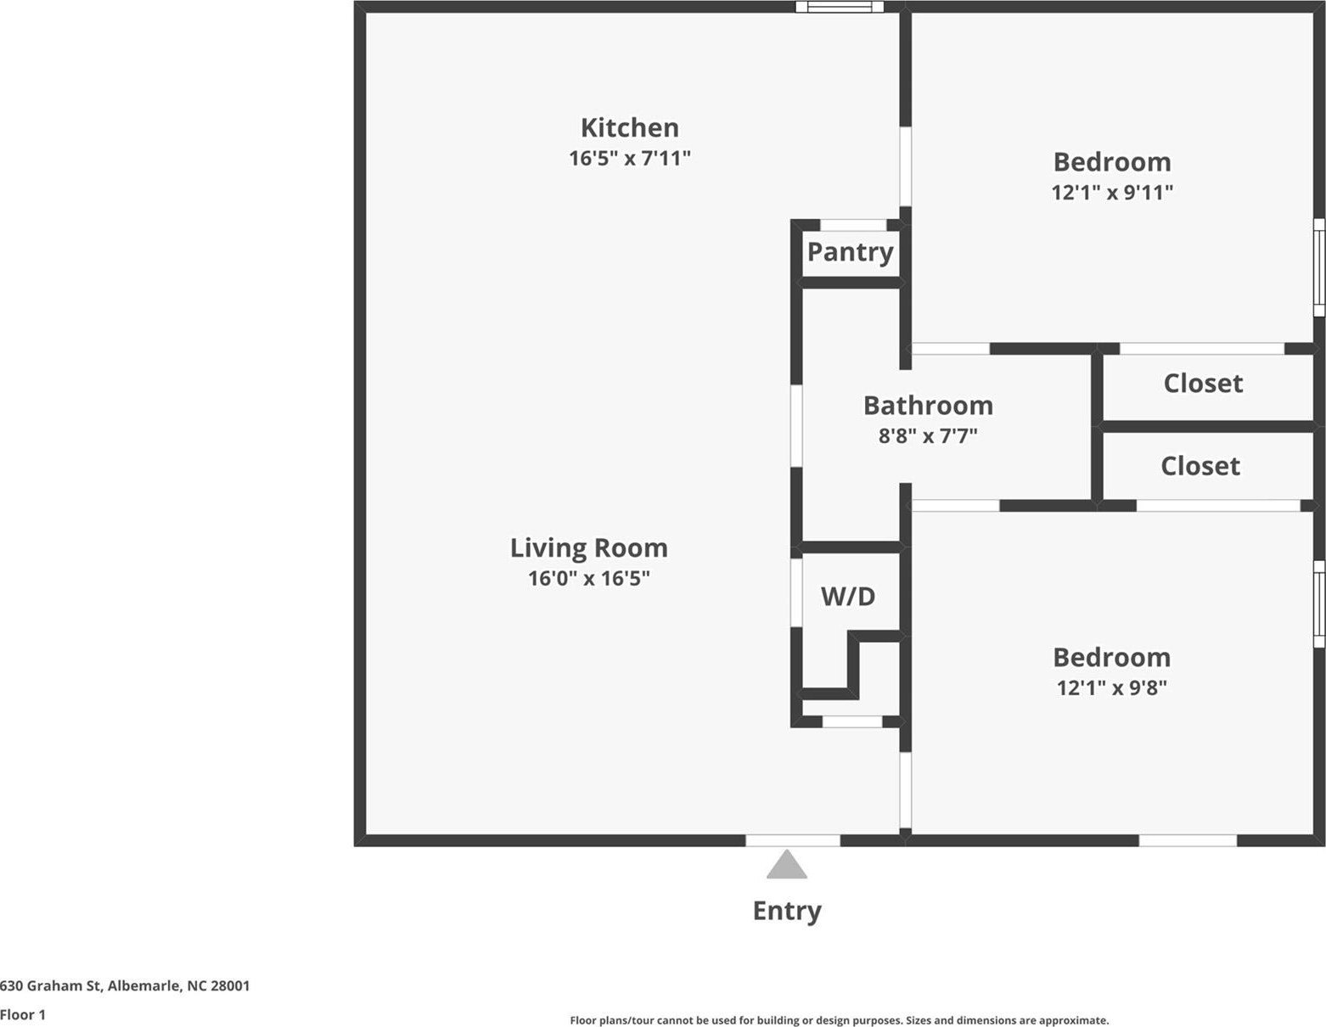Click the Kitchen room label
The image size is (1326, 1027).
pos(629,127)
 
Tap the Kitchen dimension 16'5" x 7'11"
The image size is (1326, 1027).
pos(629,158)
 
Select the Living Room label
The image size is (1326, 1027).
pos(588,547)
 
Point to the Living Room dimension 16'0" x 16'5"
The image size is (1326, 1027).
pos(588,578)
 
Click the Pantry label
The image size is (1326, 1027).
pos(850,251)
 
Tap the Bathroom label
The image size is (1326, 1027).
pos(928,405)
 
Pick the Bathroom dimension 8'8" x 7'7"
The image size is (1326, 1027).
pos(928,435)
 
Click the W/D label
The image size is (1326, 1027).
pos(847,596)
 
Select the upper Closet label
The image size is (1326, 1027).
pos(1203,383)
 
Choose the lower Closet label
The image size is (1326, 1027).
pos(1200,465)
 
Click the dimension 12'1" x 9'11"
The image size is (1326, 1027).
pos(1112,192)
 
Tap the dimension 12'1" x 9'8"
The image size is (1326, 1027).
pos(1111,687)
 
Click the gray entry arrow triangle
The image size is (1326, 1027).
pos(787,866)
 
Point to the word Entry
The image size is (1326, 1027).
pos(787,910)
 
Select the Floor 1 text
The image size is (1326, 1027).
pos(23,1014)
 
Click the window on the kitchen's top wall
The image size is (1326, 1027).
pos(839,7)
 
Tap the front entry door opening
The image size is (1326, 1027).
pos(793,840)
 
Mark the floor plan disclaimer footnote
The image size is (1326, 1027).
pos(839,1020)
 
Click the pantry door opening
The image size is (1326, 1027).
pos(853,225)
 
